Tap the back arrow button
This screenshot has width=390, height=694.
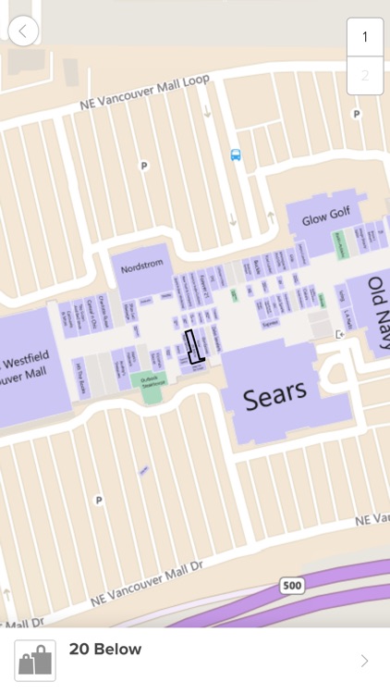23,31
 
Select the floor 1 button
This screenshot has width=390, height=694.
365,37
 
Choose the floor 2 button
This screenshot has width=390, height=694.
365,75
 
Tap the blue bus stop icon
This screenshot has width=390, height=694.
236,155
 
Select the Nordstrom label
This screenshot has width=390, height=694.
142,264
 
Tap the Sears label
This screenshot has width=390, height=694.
274,395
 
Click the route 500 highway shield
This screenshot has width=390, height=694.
292,586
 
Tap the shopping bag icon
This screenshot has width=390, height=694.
35,661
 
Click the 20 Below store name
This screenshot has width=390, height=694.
105,650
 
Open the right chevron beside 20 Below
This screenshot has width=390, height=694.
364,661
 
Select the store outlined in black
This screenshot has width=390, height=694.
193,347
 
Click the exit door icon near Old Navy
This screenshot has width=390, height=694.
340,334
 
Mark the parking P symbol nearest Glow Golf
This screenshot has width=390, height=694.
356,114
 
